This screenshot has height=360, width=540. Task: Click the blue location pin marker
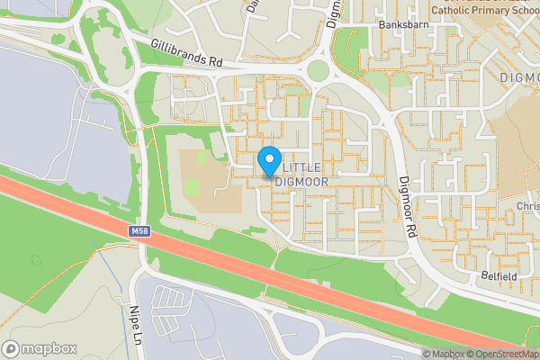click(268, 161)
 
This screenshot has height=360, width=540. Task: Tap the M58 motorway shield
click(138, 231)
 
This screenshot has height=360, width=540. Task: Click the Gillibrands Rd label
click(186, 55)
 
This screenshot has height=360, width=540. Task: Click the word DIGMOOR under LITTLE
click(301, 181)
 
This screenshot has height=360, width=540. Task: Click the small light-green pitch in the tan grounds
click(192, 188)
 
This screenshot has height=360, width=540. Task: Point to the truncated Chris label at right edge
click(527, 206)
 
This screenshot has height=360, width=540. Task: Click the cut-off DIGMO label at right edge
click(519, 78)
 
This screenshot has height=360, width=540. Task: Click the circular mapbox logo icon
click(12, 348)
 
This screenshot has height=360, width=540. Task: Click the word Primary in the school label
click(490, 11)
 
